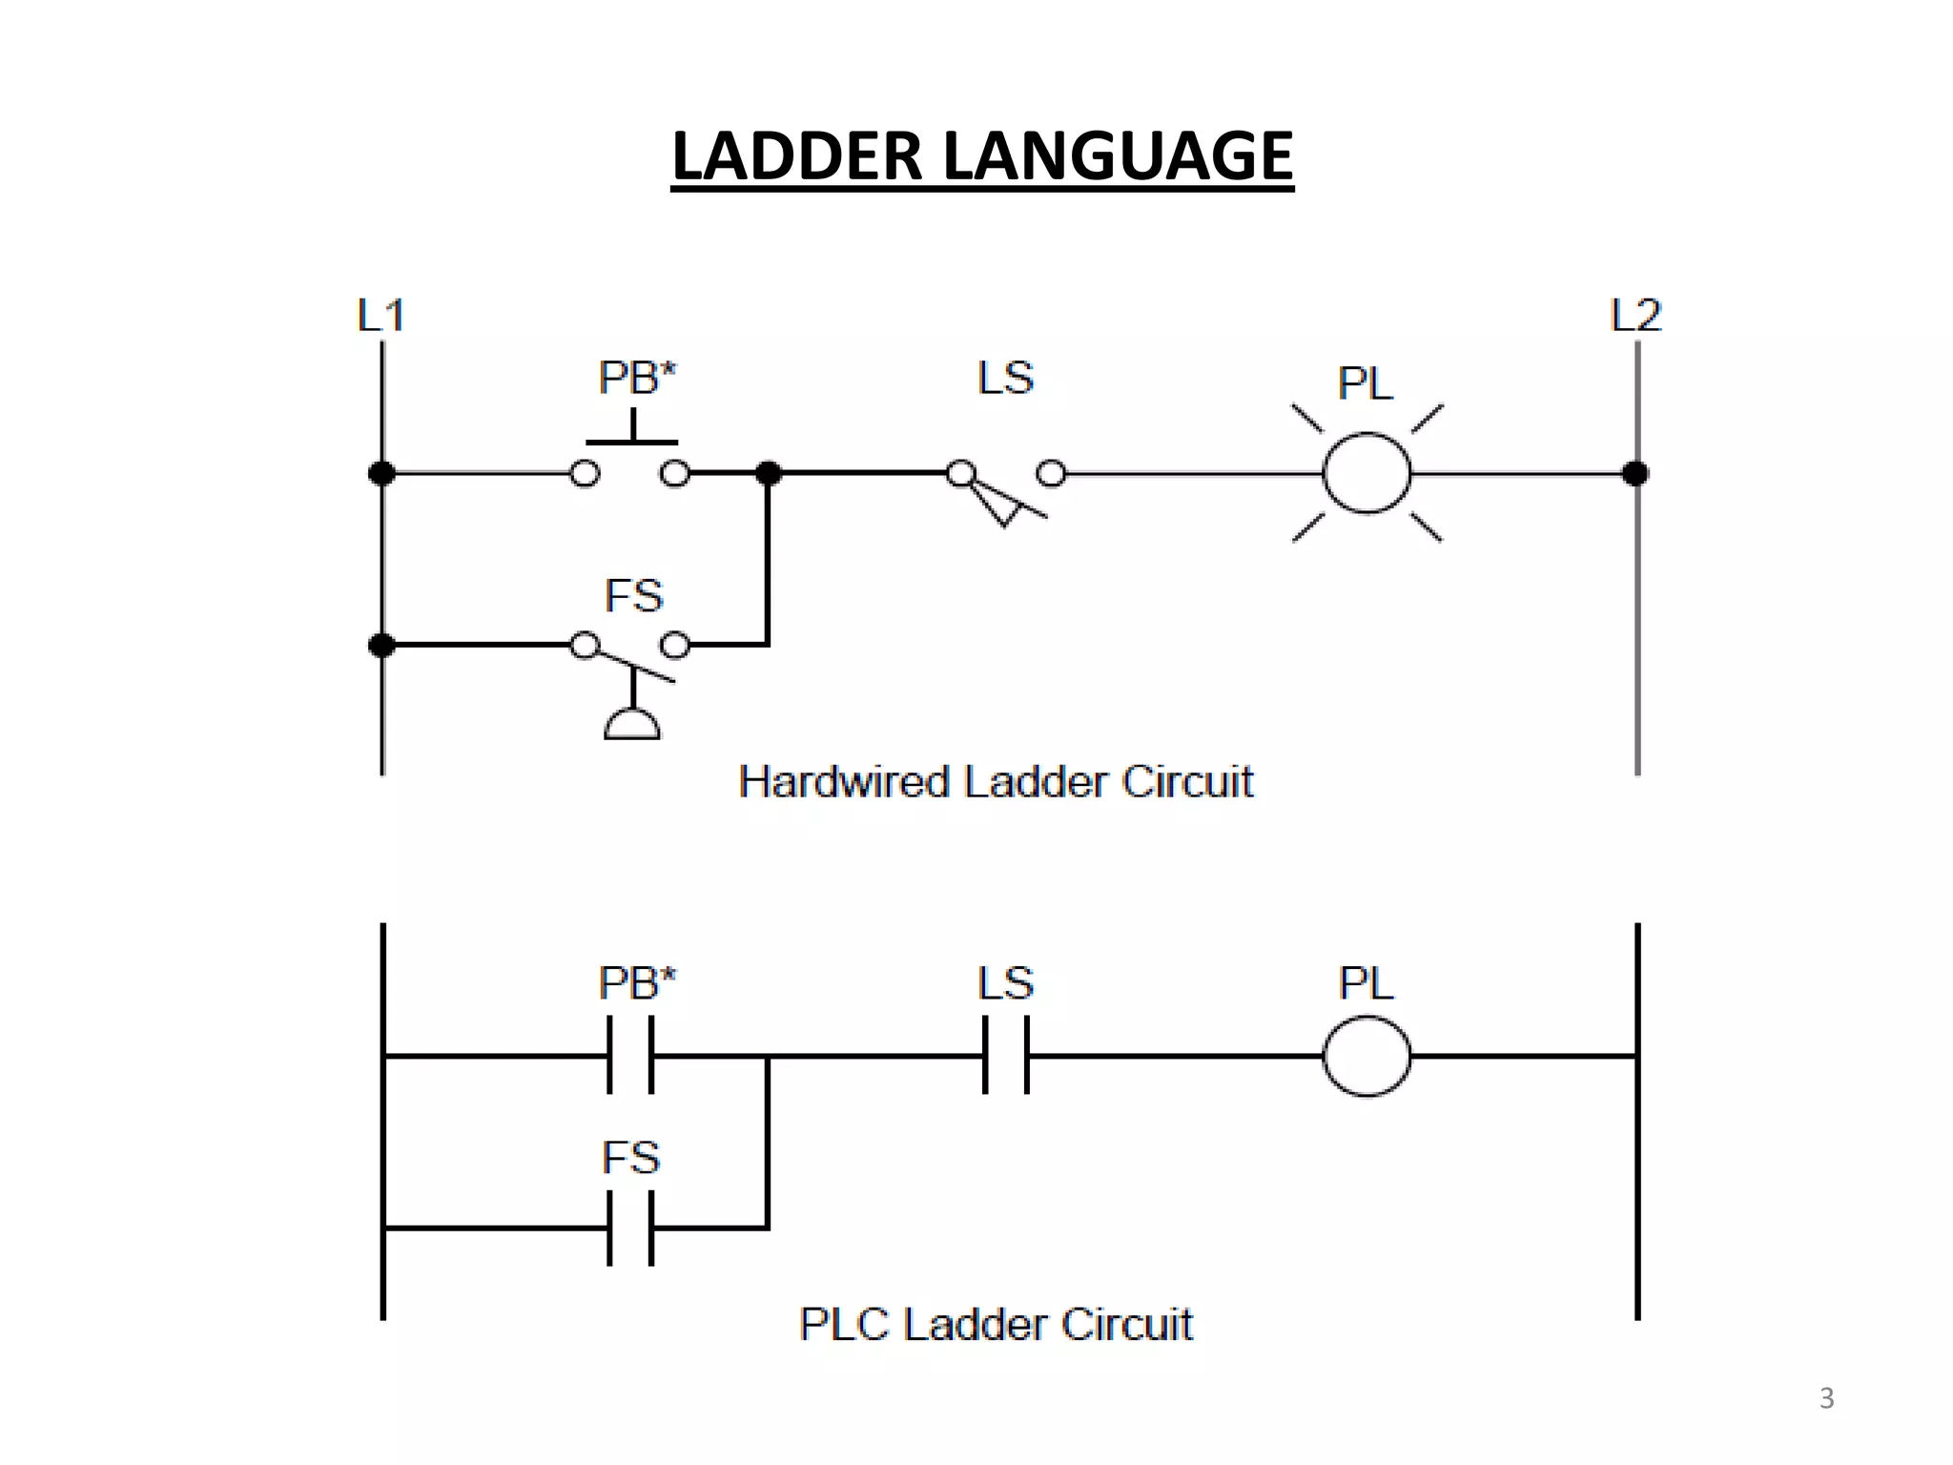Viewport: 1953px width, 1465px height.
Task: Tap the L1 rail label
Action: click(381, 316)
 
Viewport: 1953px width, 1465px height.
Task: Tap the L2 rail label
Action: click(1635, 316)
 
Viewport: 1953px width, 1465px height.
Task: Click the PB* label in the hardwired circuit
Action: click(637, 378)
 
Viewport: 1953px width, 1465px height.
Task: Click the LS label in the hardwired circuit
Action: click(1005, 378)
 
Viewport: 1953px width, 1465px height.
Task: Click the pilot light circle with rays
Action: click(1367, 473)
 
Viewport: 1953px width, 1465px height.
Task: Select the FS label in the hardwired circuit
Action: click(633, 596)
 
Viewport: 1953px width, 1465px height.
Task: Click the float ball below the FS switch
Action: click(632, 726)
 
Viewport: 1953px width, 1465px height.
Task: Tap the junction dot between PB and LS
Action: click(768, 473)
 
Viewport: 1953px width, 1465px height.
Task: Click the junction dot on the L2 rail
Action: click(1635, 473)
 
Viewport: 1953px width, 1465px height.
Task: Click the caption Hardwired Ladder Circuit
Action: click(996, 782)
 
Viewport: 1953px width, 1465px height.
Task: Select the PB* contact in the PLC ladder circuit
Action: click(630, 1055)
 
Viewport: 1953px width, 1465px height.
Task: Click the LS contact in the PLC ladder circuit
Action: click(1006, 1055)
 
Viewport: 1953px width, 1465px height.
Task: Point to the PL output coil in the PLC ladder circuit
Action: click(1367, 1056)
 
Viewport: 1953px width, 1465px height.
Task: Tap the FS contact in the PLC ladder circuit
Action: click(630, 1228)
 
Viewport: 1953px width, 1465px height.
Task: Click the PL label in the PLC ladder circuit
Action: click(1366, 983)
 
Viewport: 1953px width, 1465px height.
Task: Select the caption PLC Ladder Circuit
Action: click(996, 1324)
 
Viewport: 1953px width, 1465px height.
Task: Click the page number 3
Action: click(1826, 1398)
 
